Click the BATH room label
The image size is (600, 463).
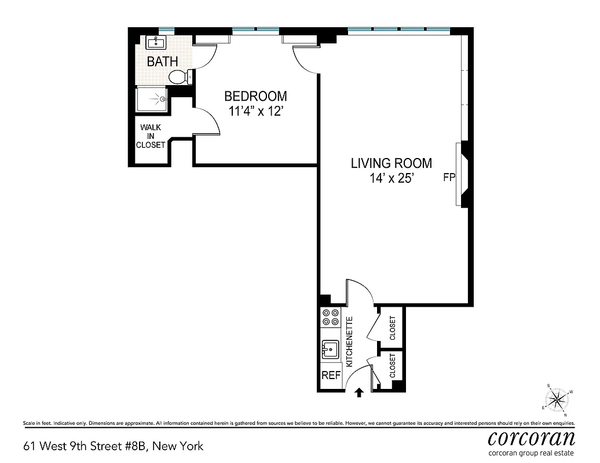tap(163, 61)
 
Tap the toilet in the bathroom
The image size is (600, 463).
tap(180, 77)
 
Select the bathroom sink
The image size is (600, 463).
tap(156, 42)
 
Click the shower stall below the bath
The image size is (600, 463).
tap(152, 100)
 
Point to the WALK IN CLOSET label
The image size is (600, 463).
tap(151, 136)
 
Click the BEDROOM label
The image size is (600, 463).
tap(255, 96)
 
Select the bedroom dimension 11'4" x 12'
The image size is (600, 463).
tap(255, 111)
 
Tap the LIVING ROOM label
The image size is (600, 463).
tap(392, 163)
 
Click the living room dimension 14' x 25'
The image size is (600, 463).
tap(392, 178)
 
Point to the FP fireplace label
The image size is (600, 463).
tap(449, 178)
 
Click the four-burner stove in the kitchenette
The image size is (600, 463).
tap(331, 317)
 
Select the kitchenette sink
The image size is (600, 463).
tap(330, 350)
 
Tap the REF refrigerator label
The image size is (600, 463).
tap(331, 376)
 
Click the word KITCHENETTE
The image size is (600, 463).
tap(349, 342)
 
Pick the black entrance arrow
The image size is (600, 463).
tap(359, 392)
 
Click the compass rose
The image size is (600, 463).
tap(557, 400)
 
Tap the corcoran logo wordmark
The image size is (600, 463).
tap(532, 438)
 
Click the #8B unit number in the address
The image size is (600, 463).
tap(136, 446)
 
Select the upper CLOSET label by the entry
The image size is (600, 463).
tap(393, 328)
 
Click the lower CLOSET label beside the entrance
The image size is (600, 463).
tap(393, 366)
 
